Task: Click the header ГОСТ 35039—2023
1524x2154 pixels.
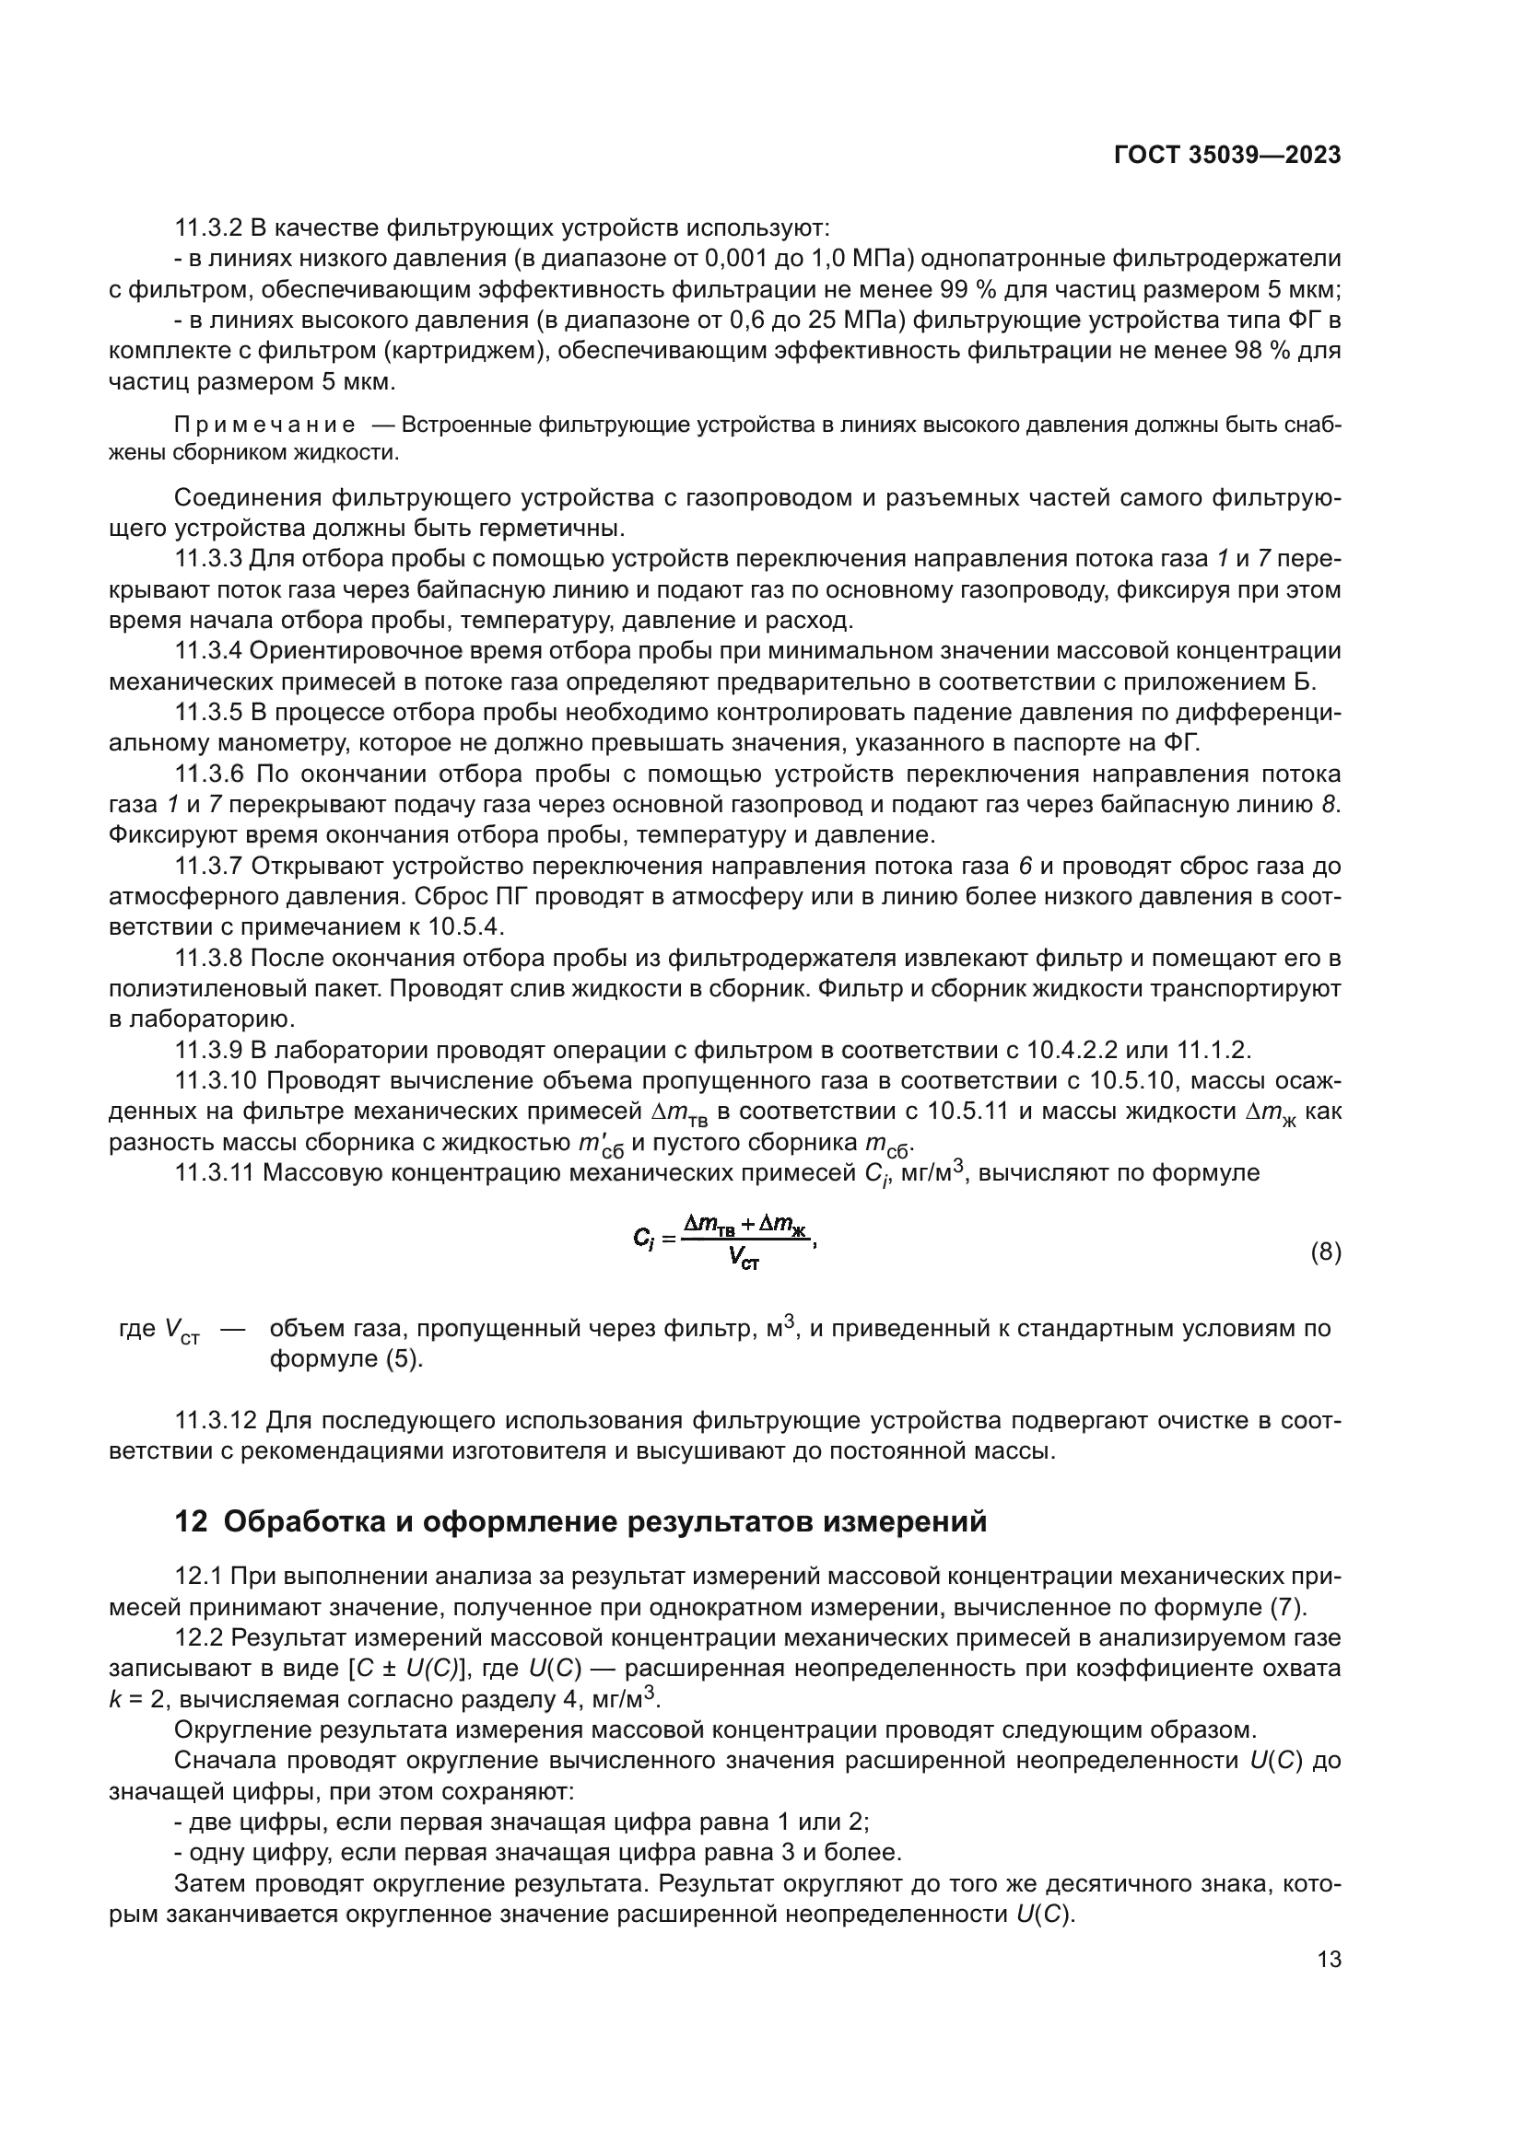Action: [x=1227, y=155]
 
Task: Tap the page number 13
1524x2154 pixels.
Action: [x=1329, y=1959]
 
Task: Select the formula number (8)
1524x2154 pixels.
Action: [x=1325, y=1252]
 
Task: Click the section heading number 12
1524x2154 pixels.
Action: [x=191, y=1521]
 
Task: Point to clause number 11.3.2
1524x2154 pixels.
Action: [x=208, y=228]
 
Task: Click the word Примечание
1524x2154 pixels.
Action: [x=264, y=425]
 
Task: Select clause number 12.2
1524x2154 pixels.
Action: [x=199, y=1637]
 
